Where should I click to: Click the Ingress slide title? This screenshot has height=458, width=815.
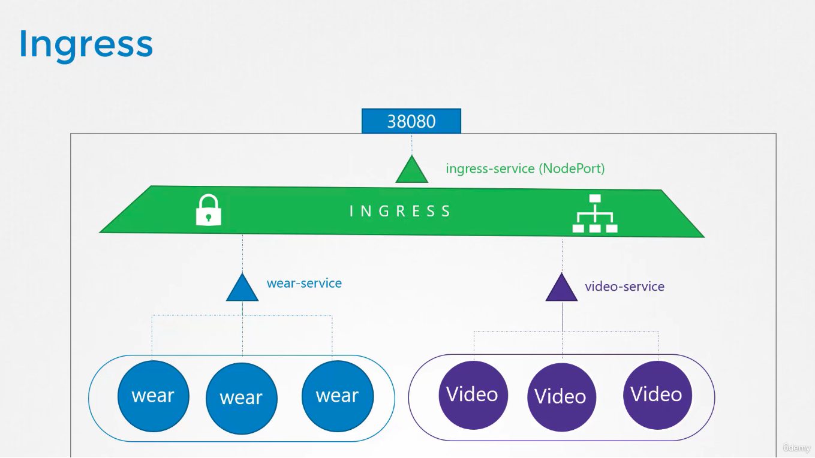click(86, 46)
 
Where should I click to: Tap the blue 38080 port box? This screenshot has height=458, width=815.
click(411, 120)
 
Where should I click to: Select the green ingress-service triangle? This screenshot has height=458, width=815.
click(411, 169)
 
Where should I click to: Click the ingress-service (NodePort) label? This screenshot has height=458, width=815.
click(525, 168)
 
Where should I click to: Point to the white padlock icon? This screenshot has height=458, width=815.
click(209, 210)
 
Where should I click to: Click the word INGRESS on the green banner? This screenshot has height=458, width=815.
click(400, 211)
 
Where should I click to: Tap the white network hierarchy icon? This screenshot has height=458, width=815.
click(595, 213)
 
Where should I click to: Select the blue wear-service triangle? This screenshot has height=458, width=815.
click(242, 287)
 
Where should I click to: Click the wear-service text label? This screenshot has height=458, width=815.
click(304, 283)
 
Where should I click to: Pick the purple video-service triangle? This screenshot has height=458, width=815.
click(561, 287)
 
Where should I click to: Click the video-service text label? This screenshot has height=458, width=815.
click(625, 287)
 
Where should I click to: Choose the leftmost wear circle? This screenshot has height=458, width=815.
click(153, 396)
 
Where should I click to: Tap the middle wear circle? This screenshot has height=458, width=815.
click(241, 398)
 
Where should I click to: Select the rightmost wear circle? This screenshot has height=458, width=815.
click(338, 396)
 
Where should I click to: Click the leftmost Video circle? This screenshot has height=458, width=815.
click(473, 396)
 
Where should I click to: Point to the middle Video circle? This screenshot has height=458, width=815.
click(562, 397)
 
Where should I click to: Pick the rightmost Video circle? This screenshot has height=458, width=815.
click(657, 396)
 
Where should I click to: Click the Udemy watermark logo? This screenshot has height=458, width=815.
click(796, 447)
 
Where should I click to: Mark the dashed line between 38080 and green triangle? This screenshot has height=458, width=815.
click(411, 144)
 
